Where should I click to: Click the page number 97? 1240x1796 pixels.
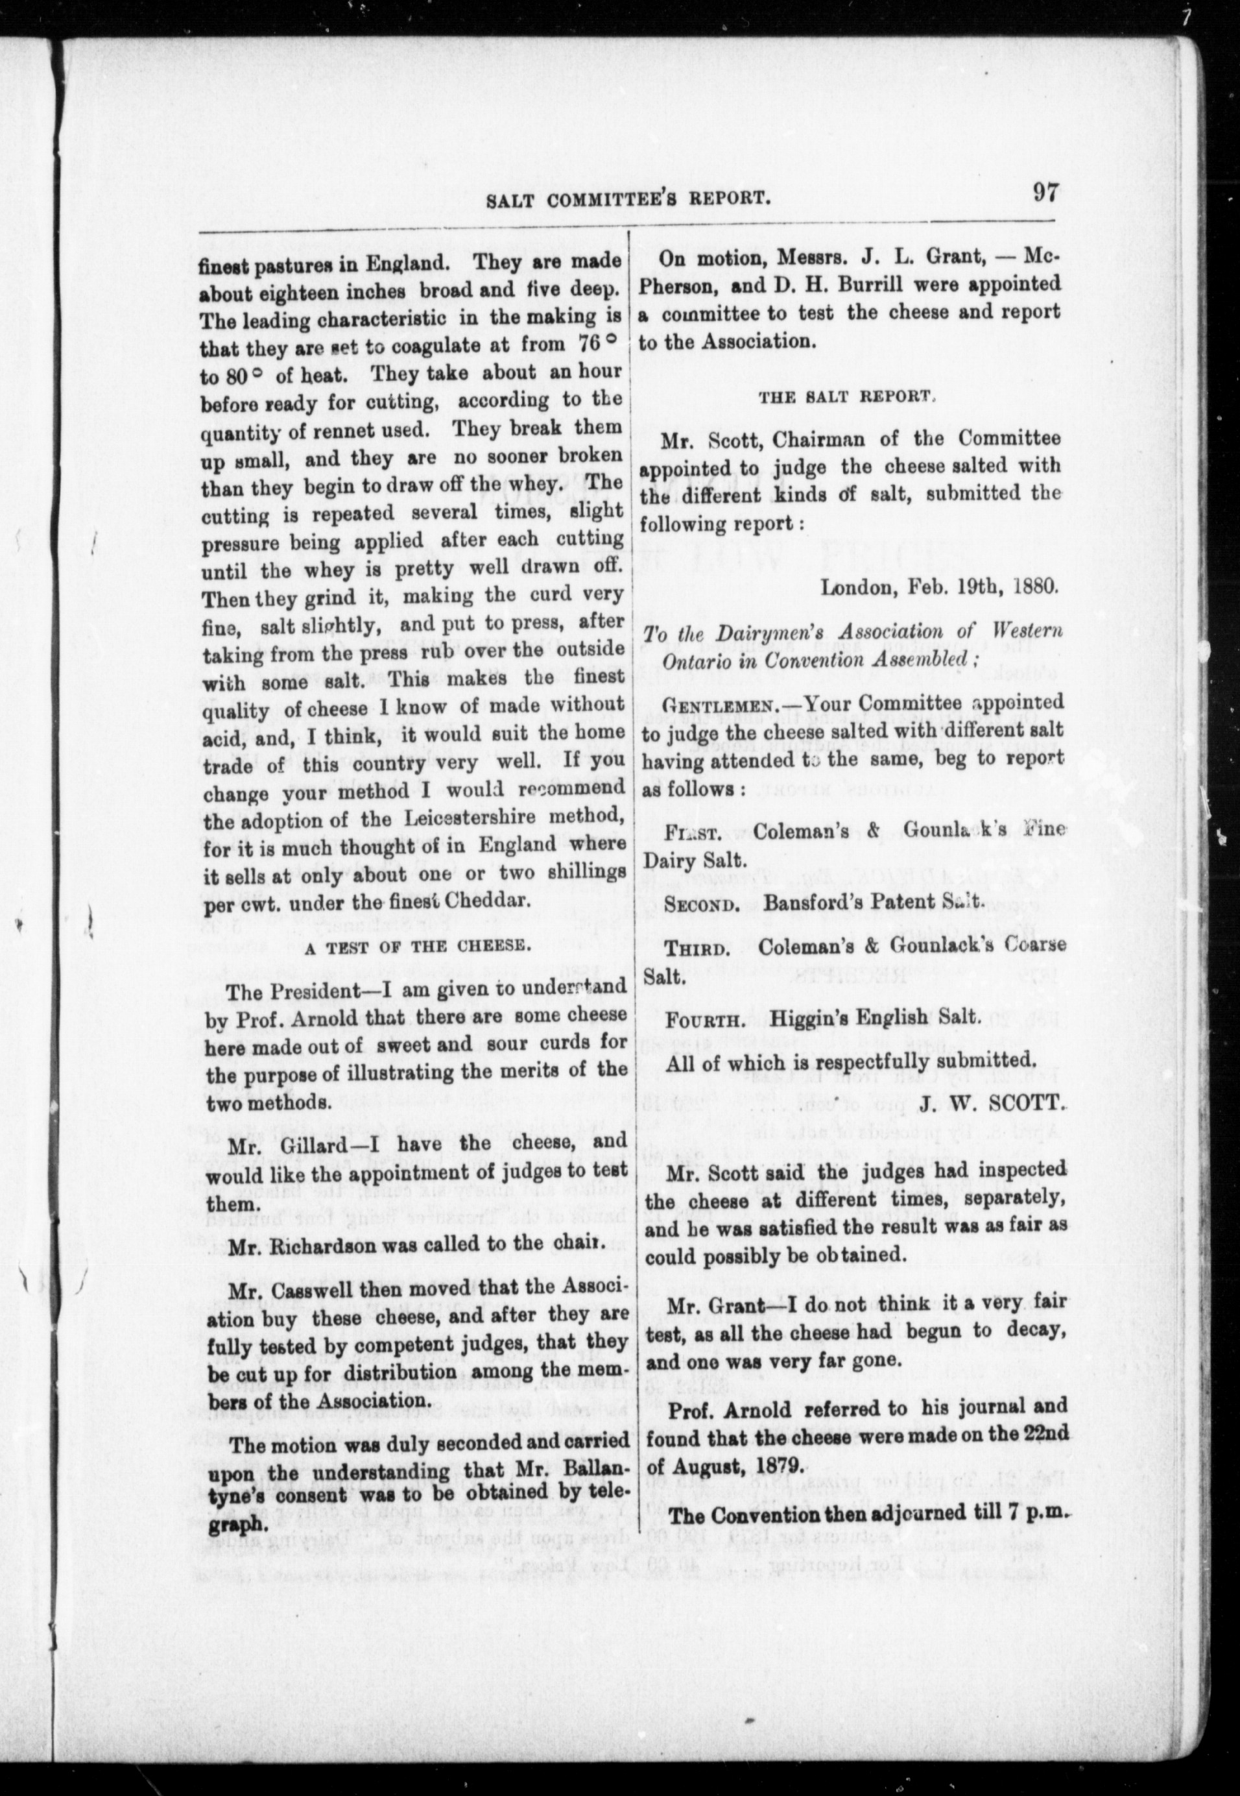(x=1044, y=193)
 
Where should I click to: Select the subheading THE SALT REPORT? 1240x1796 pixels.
(x=845, y=396)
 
